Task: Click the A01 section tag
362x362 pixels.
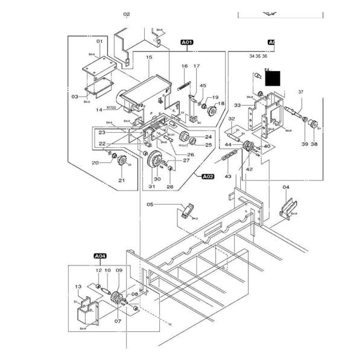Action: pos(186,42)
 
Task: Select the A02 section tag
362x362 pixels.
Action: pos(207,176)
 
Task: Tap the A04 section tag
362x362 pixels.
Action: pos(99,257)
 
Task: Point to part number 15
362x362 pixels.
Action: pos(148,57)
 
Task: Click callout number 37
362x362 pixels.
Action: pos(300,92)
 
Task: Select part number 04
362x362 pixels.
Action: pos(286,188)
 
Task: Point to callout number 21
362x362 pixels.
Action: pos(121,180)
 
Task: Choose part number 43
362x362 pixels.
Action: pos(228,176)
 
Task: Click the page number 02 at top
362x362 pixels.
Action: pos(127,14)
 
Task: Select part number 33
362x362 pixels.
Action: pos(238,105)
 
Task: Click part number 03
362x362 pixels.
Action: pos(75,96)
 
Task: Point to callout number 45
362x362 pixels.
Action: pos(203,86)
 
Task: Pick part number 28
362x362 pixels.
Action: pos(170,187)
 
